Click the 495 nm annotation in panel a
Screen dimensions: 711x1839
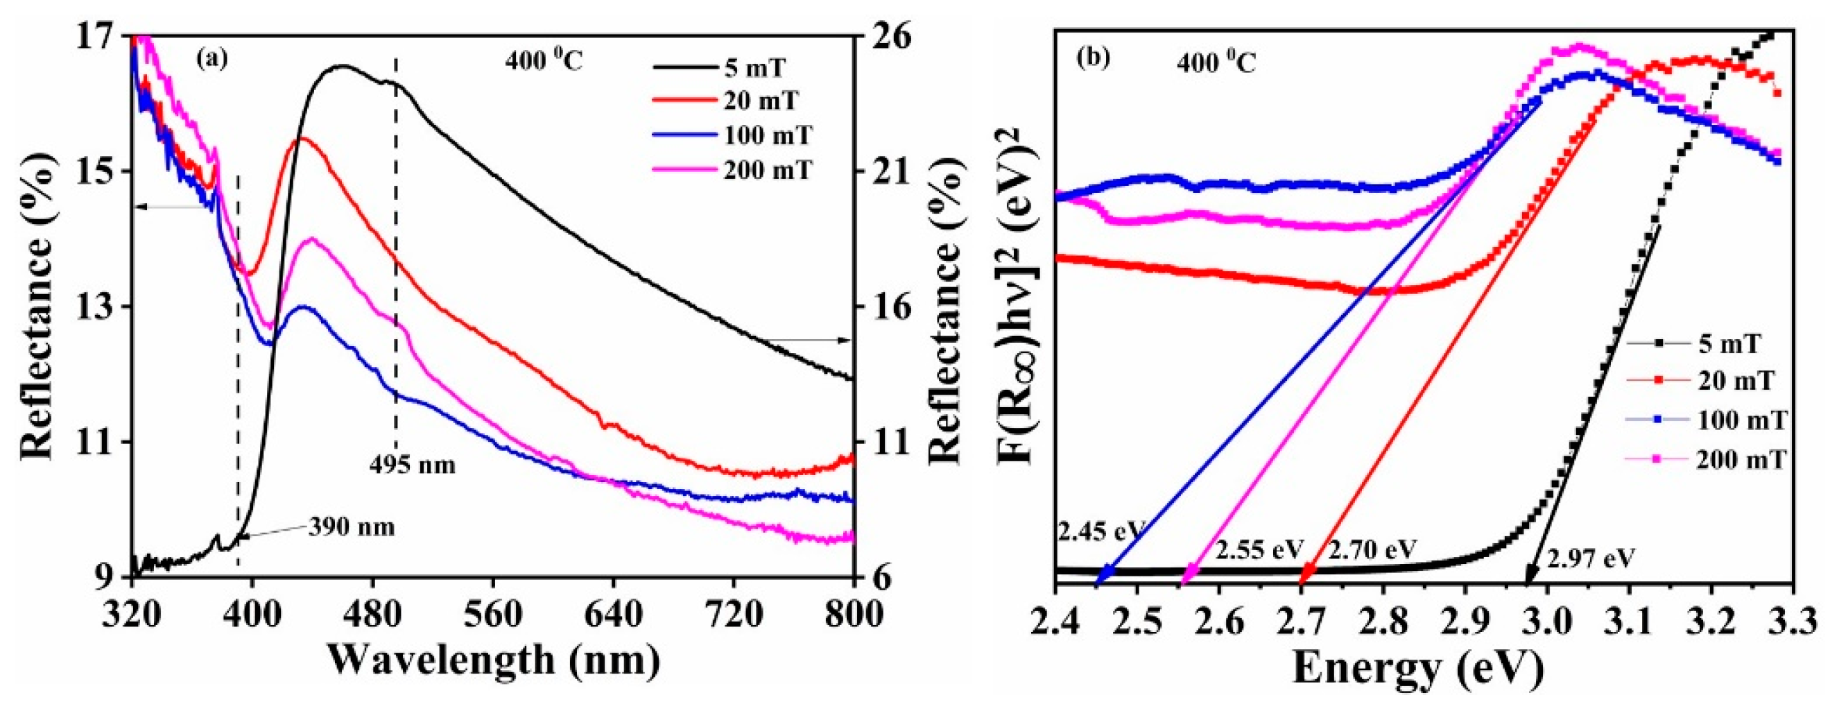[412, 465]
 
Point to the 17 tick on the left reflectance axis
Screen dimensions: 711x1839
[107, 35]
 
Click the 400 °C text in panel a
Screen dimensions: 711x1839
[544, 62]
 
